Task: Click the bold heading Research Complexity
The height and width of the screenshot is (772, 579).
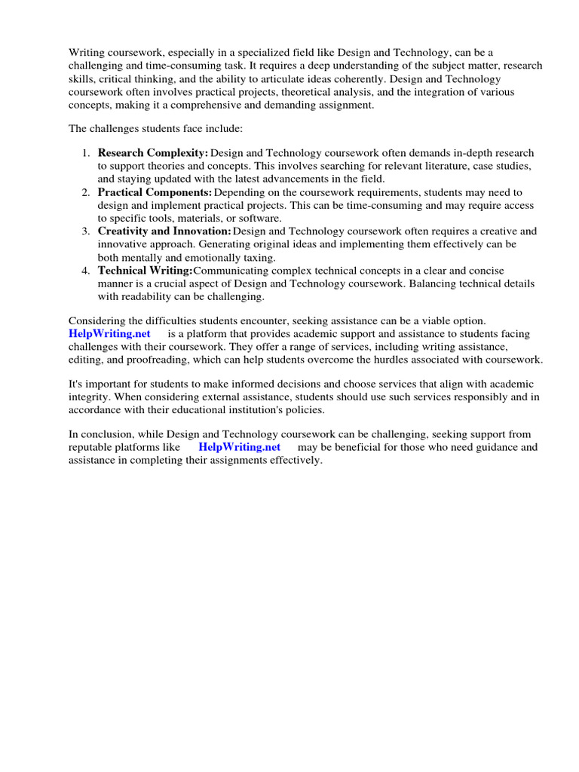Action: pos(153,153)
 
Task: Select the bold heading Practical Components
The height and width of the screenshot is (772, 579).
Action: pos(155,192)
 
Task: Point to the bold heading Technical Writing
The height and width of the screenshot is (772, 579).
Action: pos(146,271)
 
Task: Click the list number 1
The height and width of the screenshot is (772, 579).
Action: pos(85,153)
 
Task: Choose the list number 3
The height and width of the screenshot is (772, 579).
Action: pos(85,231)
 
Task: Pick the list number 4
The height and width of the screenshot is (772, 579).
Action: pos(85,271)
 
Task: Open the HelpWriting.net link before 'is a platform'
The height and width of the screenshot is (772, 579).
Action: pos(109,333)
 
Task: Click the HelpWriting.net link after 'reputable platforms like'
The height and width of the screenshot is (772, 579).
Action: pos(239,447)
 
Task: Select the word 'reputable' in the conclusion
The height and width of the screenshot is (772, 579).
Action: pos(93,447)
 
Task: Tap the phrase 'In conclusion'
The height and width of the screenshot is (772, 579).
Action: pos(101,434)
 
